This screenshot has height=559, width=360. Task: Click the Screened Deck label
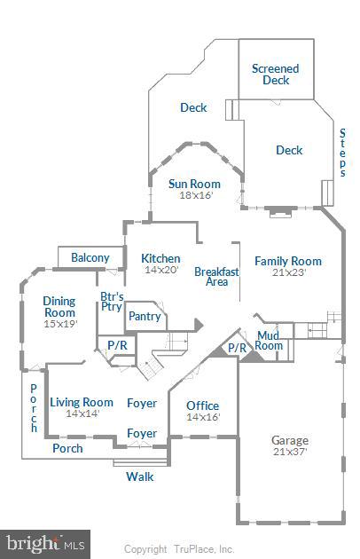pyautogui.click(x=275, y=74)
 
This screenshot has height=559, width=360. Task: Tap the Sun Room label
pyautogui.click(x=195, y=184)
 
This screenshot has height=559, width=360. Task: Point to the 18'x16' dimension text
pyautogui.click(x=195, y=195)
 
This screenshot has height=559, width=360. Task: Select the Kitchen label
pyautogui.click(x=160, y=258)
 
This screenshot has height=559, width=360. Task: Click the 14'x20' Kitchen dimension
pyautogui.click(x=160, y=270)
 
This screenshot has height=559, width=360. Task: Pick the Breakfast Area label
pyautogui.click(x=217, y=276)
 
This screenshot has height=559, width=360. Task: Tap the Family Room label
pyautogui.click(x=288, y=261)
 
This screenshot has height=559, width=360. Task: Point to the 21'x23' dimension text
pyautogui.click(x=288, y=272)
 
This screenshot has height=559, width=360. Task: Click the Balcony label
pyautogui.click(x=90, y=258)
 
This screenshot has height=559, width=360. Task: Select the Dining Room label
pyautogui.click(x=59, y=307)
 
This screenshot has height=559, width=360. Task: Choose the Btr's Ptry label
pyautogui.click(x=112, y=302)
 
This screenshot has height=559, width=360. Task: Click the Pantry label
pyautogui.click(x=145, y=316)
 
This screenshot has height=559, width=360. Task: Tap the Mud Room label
pyautogui.click(x=269, y=340)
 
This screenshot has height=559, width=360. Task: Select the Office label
pyautogui.click(x=202, y=405)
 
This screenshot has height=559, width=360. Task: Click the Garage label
pyautogui.click(x=289, y=439)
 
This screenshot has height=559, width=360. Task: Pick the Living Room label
pyautogui.click(x=82, y=402)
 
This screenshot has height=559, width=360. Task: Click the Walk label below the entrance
pyautogui.click(x=139, y=476)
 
